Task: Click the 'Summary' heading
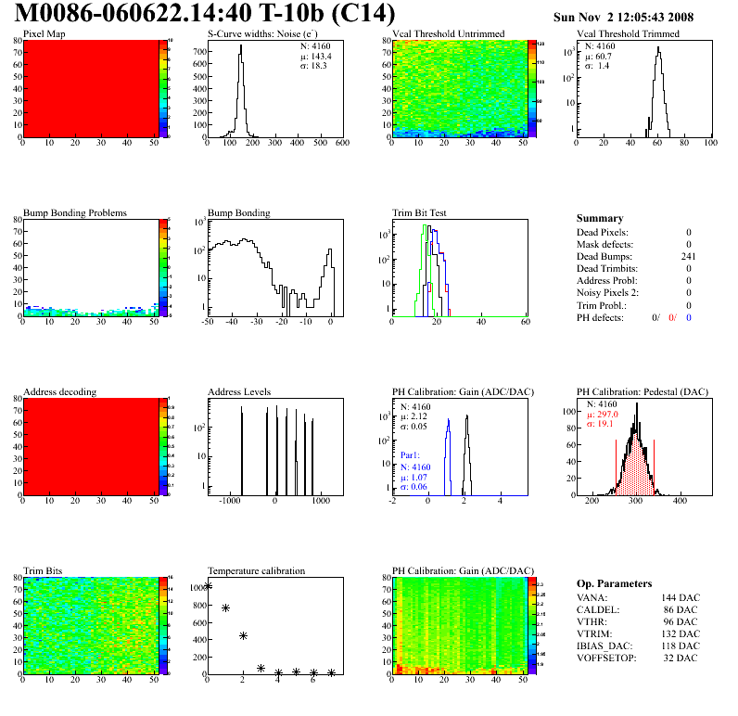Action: point(600,218)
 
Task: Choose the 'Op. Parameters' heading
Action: point(614,583)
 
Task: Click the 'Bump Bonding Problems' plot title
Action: point(74,212)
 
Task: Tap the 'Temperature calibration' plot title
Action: point(256,570)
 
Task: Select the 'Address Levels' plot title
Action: point(239,391)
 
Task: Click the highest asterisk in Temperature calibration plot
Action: point(208,585)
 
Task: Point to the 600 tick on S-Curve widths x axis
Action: point(341,144)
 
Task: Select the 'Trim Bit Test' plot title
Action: point(419,212)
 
